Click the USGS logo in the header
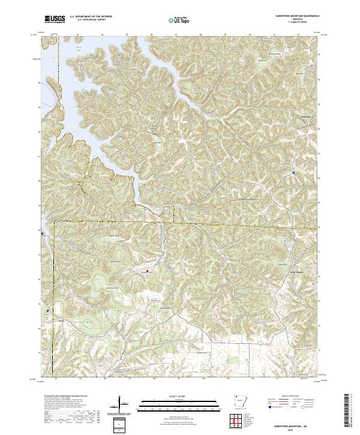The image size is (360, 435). point(55,20)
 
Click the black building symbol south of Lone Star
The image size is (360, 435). point(293,173)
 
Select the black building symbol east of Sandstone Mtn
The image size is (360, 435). point(148,271)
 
